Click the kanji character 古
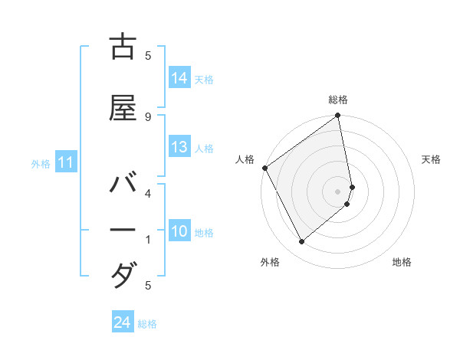click(x=123, y=48)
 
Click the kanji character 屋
click(x=123, y=110)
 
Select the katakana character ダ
click(x=123, y=273)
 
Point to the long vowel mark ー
click(x=123, y=231)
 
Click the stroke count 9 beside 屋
click(x=148, y=116)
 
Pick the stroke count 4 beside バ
click(x=148, y=193)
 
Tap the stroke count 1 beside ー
click(x=148, y=240)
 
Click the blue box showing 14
click(x=179, y=78)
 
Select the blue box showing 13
click(x=179, y=147)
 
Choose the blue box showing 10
click(x=179, y=231)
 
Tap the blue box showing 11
click(x=66, y=162)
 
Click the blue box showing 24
click(x=123, y=322)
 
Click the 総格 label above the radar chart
click(x=338, y=100)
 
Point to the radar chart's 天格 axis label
click(x=432, y=159)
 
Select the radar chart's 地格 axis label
click(x=402, y=262)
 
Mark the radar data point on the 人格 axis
click(x=264, y=168)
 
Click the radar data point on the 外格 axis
click(x=301, y=242)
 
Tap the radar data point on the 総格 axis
click(x=338, y=116)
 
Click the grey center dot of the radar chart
click(x=338, y=191)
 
